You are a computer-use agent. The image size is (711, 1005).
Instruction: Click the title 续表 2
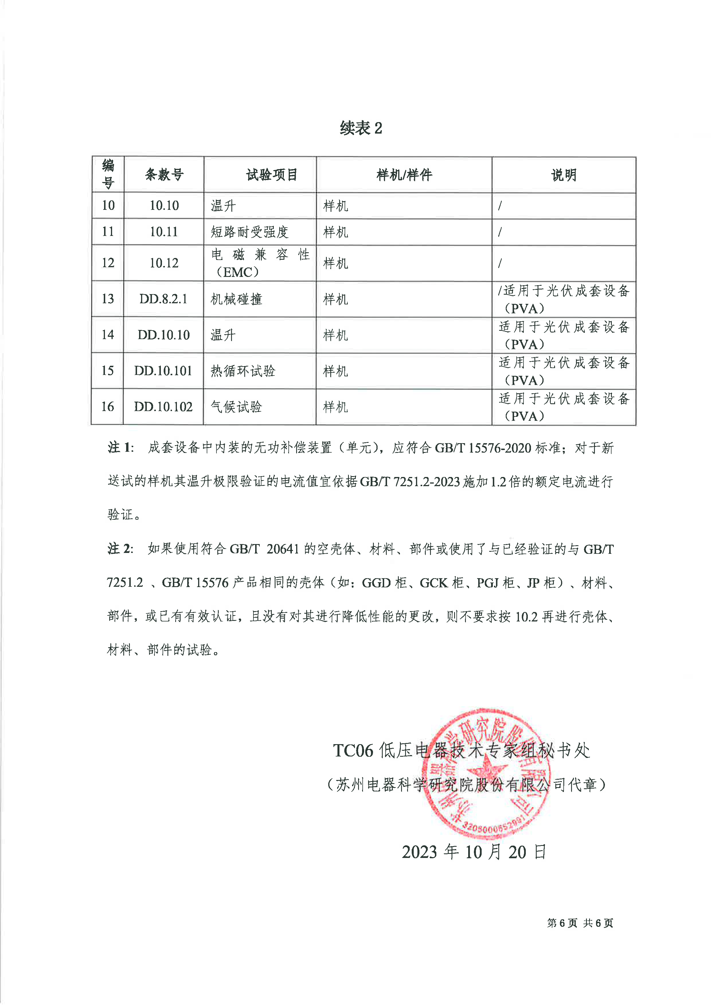361,128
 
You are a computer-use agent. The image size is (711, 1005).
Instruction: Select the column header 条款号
164,175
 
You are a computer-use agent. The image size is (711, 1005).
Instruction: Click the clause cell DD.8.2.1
163,299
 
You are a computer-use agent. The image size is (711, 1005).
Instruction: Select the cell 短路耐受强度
249,232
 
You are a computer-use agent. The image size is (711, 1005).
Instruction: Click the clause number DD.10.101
163,371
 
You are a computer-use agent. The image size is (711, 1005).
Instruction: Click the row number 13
108,299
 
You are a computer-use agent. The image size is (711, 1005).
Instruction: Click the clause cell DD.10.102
163,407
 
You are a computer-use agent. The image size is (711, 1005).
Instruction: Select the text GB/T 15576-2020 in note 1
483,448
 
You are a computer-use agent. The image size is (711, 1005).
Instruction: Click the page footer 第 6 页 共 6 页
580,923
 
